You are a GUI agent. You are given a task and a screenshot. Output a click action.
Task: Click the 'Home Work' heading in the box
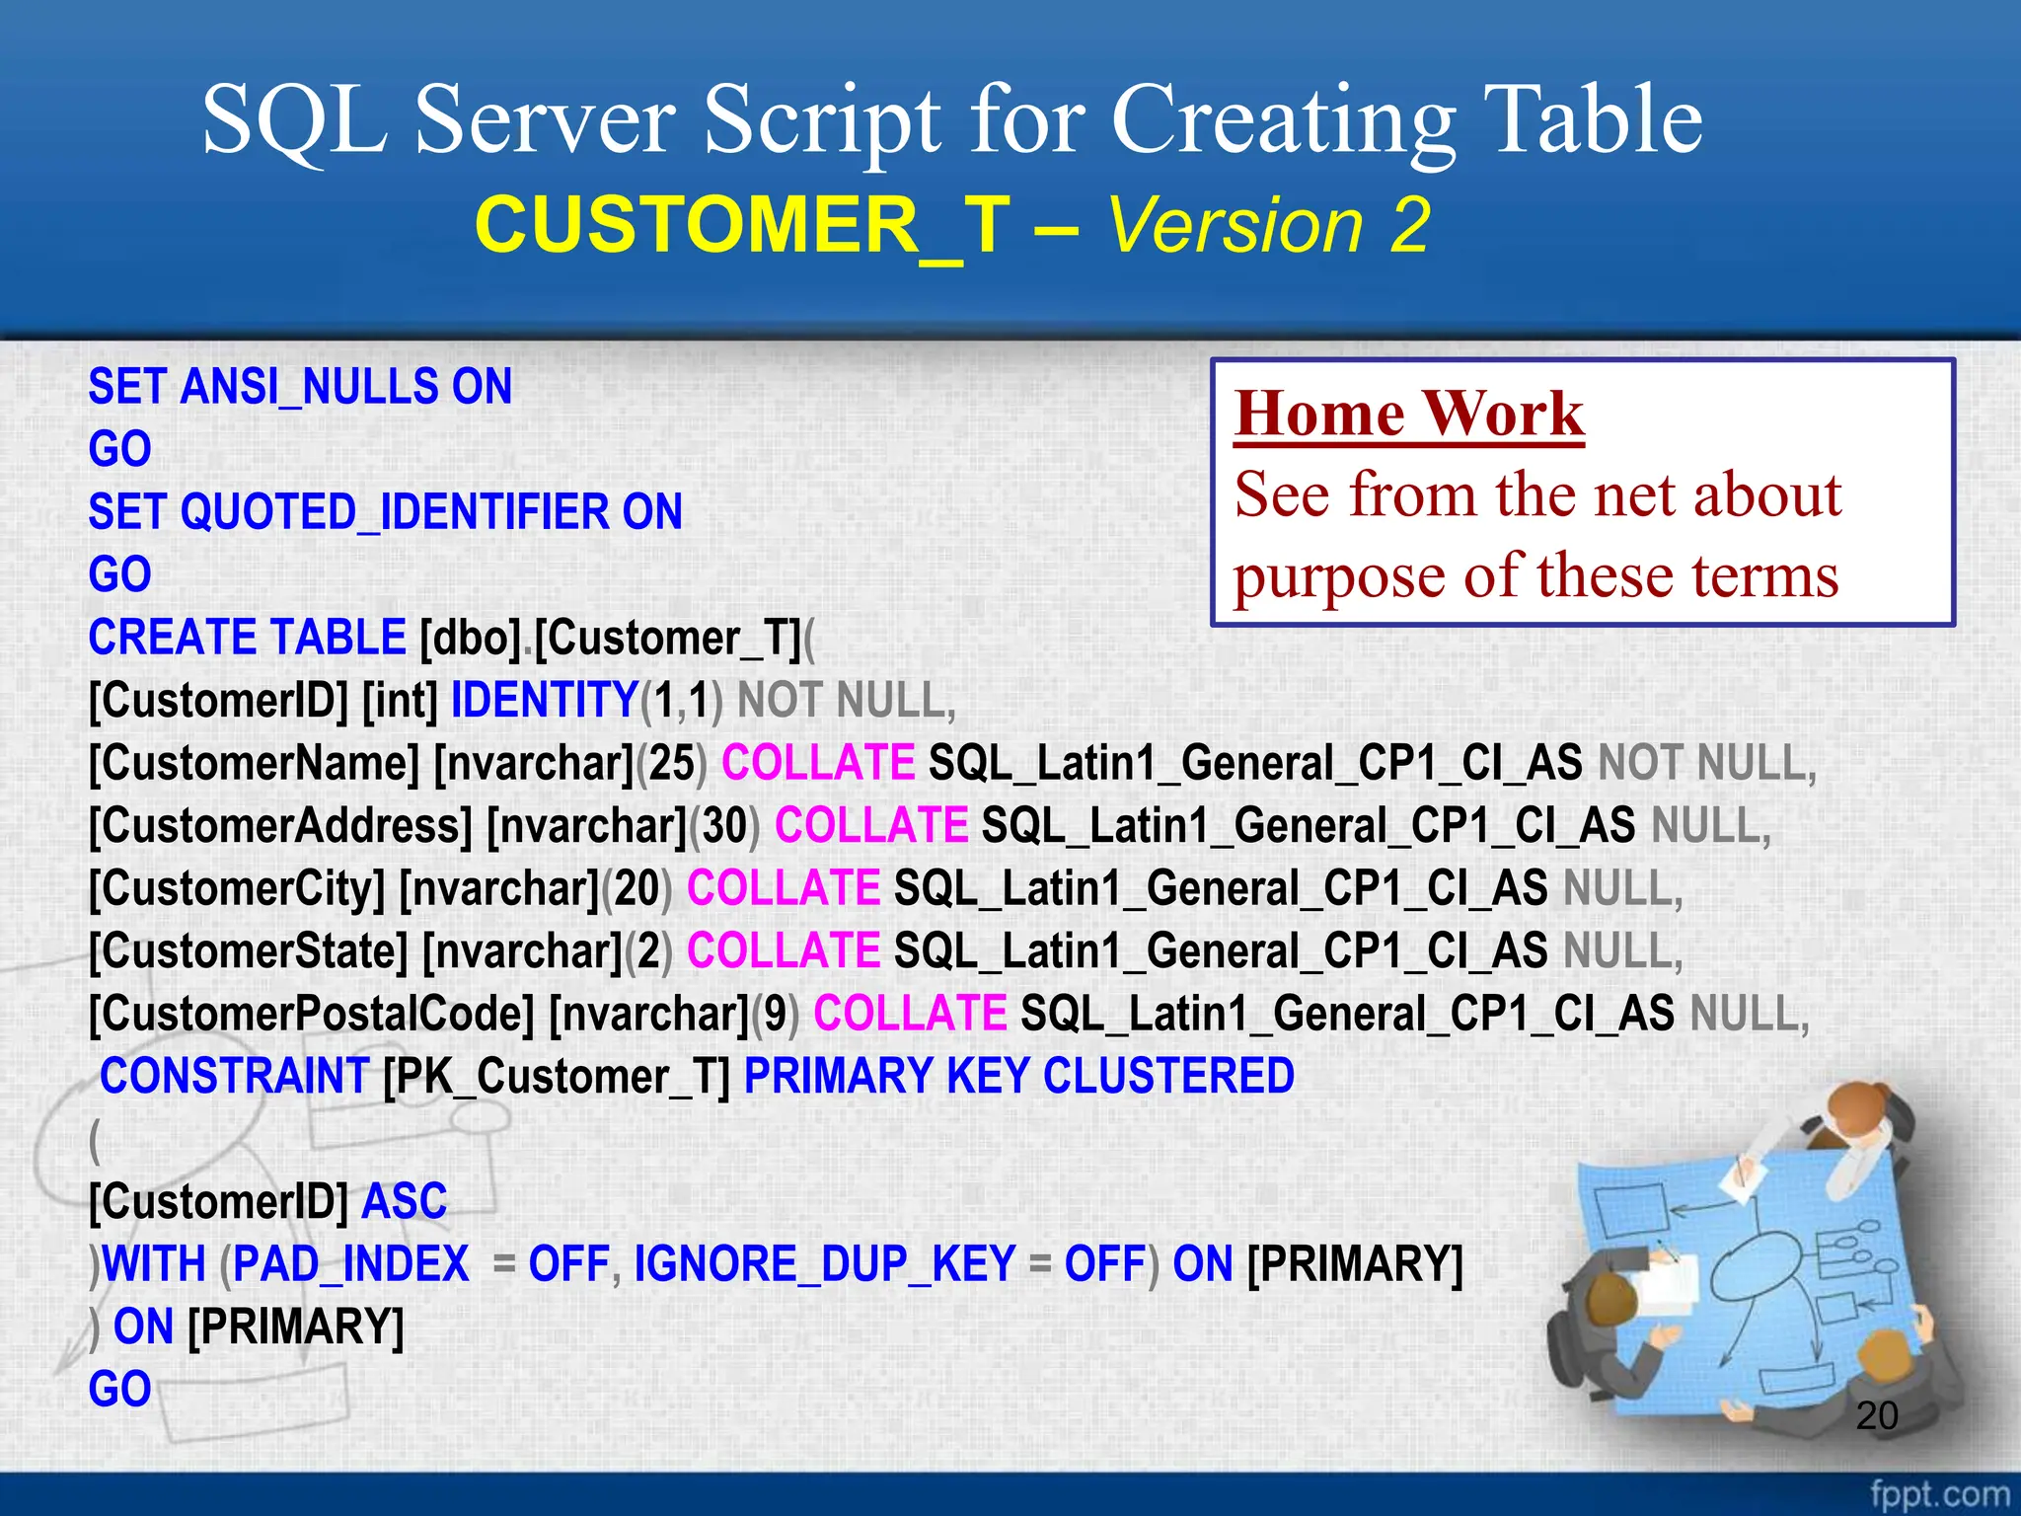tap(1408, 413)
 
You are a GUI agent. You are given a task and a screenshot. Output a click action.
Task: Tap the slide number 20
tap(1876, 1416)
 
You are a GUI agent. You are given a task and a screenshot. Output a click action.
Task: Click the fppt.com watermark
tap(1938, 1493)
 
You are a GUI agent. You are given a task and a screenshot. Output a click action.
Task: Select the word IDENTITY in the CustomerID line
tap(545, 701)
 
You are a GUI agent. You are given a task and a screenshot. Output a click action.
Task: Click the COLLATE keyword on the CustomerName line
tap(818, 763)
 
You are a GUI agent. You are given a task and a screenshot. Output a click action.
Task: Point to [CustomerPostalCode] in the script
tap(311, 1014)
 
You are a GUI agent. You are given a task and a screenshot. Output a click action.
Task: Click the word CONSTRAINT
tap(235, 1076)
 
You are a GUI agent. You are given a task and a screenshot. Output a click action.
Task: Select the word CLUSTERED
tap(1168, 1076)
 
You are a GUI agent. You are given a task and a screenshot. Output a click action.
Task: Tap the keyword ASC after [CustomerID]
tap(405, 1201)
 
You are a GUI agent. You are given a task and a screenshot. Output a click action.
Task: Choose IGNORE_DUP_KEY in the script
tap(824, 1264)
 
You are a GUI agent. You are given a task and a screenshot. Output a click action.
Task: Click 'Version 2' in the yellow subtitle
tap(1268, 225)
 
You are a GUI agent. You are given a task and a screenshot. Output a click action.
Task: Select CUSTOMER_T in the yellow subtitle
tap(742, 225)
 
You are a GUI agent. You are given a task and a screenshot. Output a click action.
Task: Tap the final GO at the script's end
tap(119, 1390)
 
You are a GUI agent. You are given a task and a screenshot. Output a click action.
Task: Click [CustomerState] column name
tap(248, 951)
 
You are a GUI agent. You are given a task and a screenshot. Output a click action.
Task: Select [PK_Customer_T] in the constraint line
tap(556, 1076)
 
